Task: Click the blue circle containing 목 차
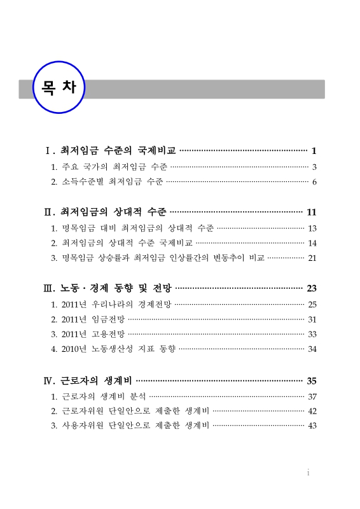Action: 59,88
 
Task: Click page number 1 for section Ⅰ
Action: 314,151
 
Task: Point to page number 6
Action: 314,183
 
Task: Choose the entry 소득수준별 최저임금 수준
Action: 113,183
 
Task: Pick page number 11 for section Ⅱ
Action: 311,212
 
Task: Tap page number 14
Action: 312,243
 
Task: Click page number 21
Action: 312,258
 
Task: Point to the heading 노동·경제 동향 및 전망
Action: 116,288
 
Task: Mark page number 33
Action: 312,334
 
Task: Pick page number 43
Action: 312,426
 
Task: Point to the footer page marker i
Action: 308,473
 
